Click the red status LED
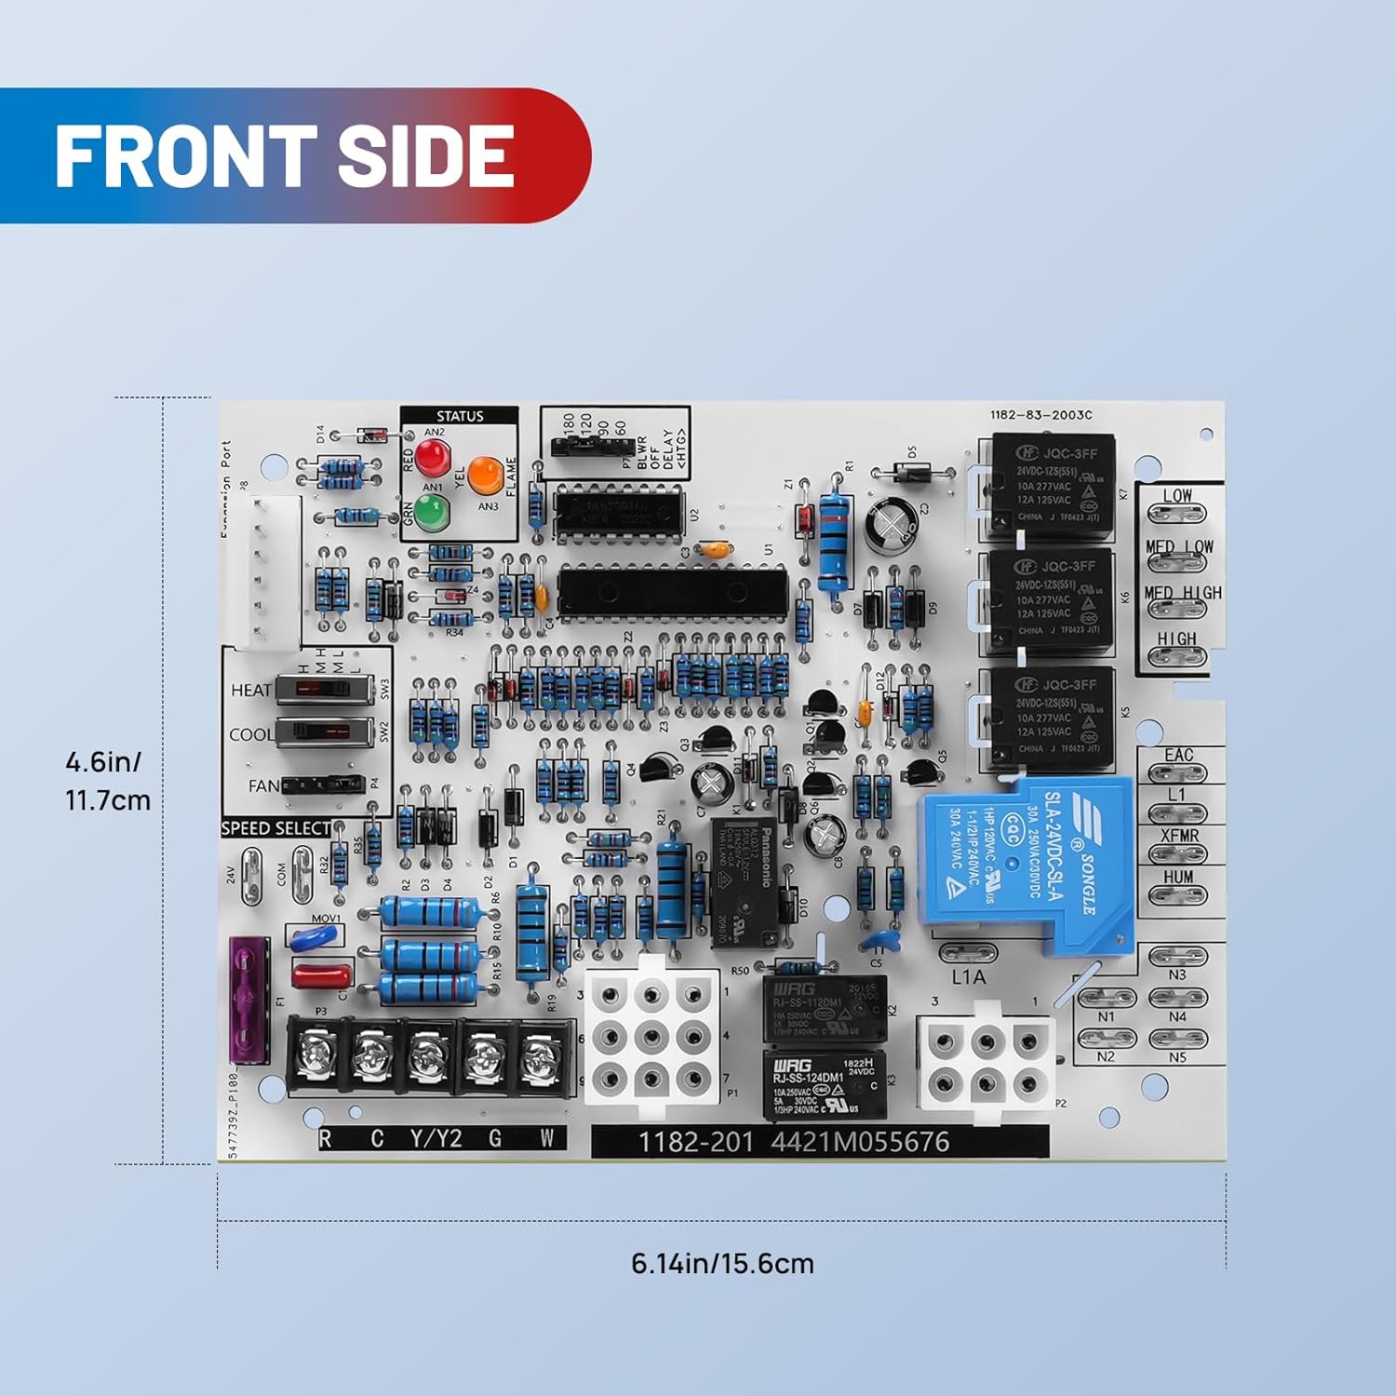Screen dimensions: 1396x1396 click(x=433, y=457)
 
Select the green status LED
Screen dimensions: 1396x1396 click(x=430, y=512)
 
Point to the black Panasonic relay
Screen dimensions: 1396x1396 click(x=744, y=882)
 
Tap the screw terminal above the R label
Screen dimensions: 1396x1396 click(x=315, y=1054)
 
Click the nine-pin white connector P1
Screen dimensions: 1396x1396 click(x=651, y=1037)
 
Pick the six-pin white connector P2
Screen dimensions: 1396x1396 click(x=986, y=1061)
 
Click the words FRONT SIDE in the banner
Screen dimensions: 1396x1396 click(x=285, y=155)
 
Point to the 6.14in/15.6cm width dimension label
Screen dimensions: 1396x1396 click(x=722, y=1263)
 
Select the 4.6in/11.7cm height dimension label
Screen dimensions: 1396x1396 click(x=107, y=781)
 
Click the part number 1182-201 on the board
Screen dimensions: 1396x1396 click(x=694, y=1142)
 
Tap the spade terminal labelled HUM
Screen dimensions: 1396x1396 click(x=1177, y=895)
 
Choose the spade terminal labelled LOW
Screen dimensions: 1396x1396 click(x=1177, y=513)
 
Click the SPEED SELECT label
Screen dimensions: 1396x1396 click(x=275, y=828)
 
